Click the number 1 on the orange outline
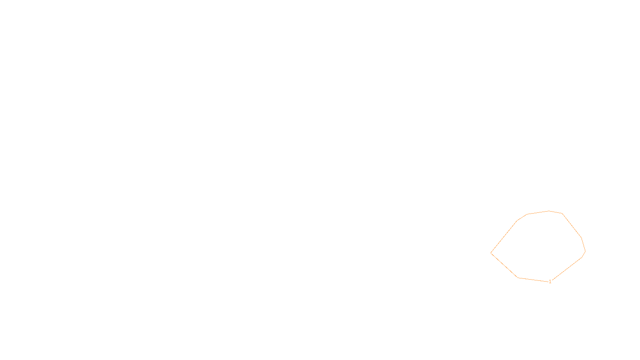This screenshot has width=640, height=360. point(550,282)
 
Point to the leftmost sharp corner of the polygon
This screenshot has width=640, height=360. point(491,253)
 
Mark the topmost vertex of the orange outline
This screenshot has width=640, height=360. point(549,211)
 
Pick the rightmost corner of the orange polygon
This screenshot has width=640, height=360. point(585,251)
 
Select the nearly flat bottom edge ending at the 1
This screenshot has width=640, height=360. point(534,280)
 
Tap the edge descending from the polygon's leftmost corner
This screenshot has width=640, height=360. point(504,265)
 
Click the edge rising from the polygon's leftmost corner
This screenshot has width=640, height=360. point(504,237)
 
